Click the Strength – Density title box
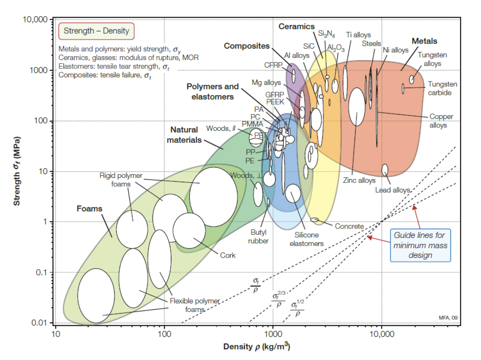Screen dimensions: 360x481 click(96, 31)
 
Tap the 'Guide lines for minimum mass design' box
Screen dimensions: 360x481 click(420, 245)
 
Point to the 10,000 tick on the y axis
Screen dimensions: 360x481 click(35, 20)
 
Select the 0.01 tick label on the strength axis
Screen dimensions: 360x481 click(39, 322)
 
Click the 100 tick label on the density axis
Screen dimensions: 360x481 click(164, 334)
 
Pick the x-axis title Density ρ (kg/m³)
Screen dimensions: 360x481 click(256, 346)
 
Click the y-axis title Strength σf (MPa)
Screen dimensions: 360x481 click(17, 171)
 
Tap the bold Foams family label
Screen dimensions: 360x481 click(89, 209)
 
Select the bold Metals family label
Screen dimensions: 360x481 click(424, 41)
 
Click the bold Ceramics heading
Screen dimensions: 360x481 click(296, 27)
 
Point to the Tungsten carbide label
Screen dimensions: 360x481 click(442, 88)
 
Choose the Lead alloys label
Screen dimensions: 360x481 click(392, 190)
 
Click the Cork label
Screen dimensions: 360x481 click(228, 255)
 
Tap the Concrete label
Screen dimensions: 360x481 click(349, 226)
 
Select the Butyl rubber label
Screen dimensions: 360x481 click(258, 237)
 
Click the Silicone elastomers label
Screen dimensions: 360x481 click(306, 239)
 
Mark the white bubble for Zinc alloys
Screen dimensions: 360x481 click(357, 107)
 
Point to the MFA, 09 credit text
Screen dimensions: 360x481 click(448, 318)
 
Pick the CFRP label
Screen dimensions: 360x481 click(273, 65)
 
